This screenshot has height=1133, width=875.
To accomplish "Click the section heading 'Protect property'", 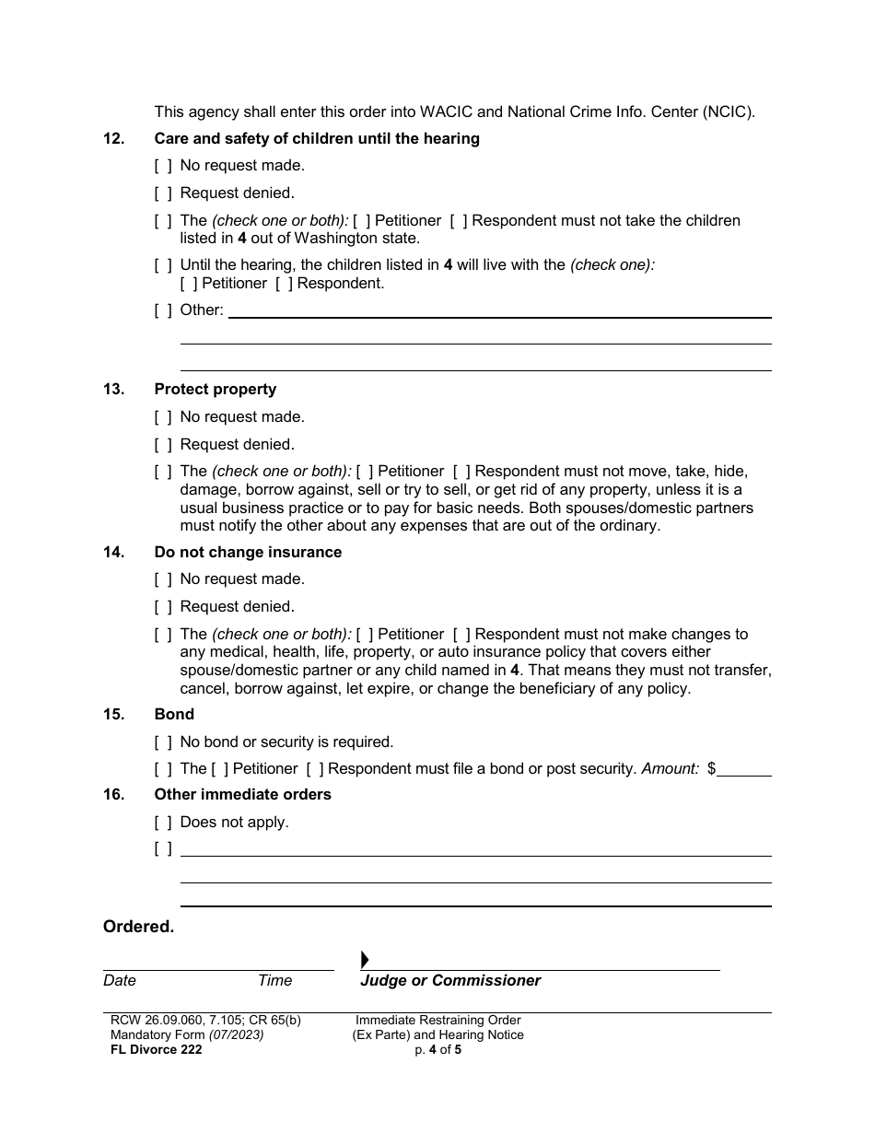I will (x=215, y=389).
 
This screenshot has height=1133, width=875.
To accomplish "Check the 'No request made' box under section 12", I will (x=163, y=166).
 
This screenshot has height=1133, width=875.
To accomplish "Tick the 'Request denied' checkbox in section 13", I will (x=163, y=444).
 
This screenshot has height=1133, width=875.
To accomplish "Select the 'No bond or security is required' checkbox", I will (x=163, y=742).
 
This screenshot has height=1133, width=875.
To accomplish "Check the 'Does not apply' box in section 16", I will (x=163, y=822).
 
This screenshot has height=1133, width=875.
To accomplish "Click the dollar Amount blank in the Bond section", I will (x=744, y=768).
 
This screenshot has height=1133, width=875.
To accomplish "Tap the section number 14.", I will (x=113, y=552).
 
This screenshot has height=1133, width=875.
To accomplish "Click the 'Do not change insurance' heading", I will (x=248, y=552).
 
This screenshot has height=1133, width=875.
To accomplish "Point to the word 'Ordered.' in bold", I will (x=138, y=927).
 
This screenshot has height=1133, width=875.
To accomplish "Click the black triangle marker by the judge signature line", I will (x=365, y=960).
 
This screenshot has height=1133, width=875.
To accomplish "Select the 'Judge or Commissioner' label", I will (x=450, y=980).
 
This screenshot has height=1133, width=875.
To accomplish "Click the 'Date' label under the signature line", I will (x=120, y=980).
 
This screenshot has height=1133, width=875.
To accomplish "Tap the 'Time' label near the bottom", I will (x=274, y=980).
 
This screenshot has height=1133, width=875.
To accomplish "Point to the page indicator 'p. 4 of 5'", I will (x=437, y=1049).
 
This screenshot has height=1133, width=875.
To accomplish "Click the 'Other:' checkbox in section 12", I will (x=163, y=310).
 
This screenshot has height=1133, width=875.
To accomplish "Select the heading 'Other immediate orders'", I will (x=242, y=794).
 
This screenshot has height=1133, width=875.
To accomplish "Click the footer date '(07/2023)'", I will (x=236, y=1034).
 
